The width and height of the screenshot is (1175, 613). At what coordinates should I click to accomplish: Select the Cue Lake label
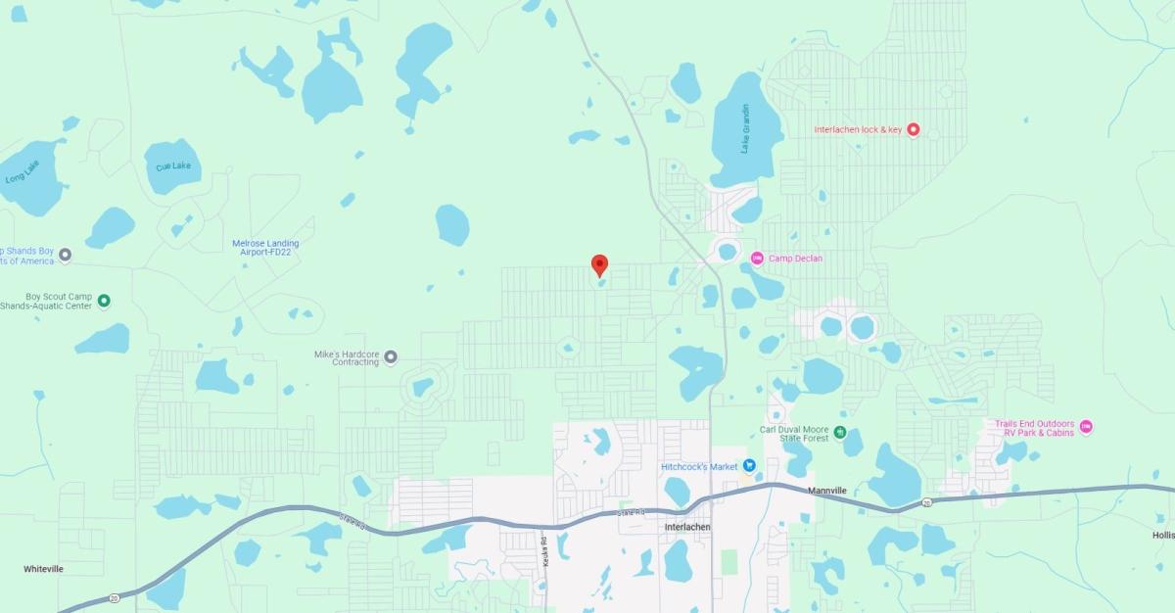point(172,166)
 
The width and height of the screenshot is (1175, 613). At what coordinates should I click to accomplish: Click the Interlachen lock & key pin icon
point(913,129)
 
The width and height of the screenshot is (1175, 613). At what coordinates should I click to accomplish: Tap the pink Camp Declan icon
point(757,259)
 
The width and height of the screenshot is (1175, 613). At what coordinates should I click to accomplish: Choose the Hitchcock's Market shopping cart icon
point(749,466)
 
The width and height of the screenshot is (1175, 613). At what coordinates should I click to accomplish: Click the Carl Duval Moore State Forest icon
point(839,432)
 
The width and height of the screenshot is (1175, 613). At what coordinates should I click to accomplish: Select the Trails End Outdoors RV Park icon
point(1085,427)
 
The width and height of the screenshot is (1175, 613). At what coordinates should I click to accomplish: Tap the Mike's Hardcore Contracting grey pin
point(390,356)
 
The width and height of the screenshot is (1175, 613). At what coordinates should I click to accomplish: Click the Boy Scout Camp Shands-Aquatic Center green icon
point(104,301)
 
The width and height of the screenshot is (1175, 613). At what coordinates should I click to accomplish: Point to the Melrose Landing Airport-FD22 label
point(265,248)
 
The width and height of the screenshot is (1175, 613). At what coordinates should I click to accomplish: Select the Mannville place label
point(826,490)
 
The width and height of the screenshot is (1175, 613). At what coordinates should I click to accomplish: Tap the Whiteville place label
point(43,568)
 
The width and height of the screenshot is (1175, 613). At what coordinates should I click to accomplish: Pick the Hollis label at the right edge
point(1162,535)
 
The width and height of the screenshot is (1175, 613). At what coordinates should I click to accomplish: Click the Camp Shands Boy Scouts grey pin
point(66,256)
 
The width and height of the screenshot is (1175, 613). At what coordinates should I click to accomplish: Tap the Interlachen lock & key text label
point(858,129)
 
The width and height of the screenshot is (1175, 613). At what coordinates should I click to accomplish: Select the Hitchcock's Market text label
point(699,467)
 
